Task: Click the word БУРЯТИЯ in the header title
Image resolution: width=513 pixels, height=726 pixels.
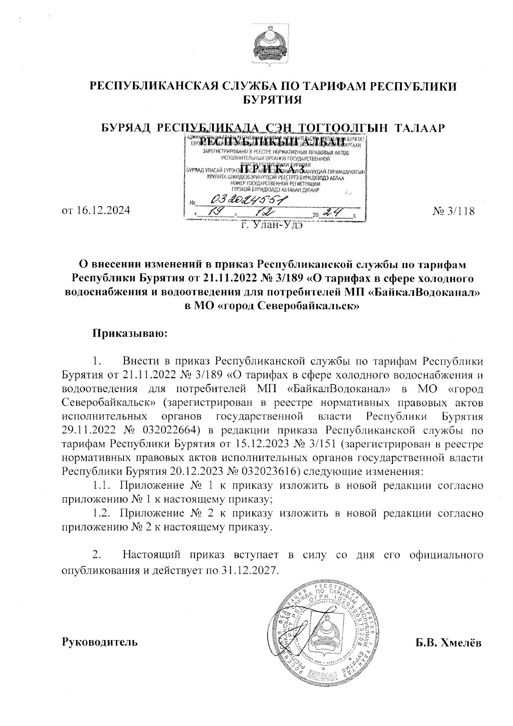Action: (x=272, y=100)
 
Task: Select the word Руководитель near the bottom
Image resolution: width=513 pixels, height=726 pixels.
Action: (x=100, y=642)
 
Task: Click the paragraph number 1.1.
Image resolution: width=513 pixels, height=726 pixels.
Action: (x=103, y=485)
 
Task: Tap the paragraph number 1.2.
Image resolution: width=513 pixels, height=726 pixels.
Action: (x=103, y=513)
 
